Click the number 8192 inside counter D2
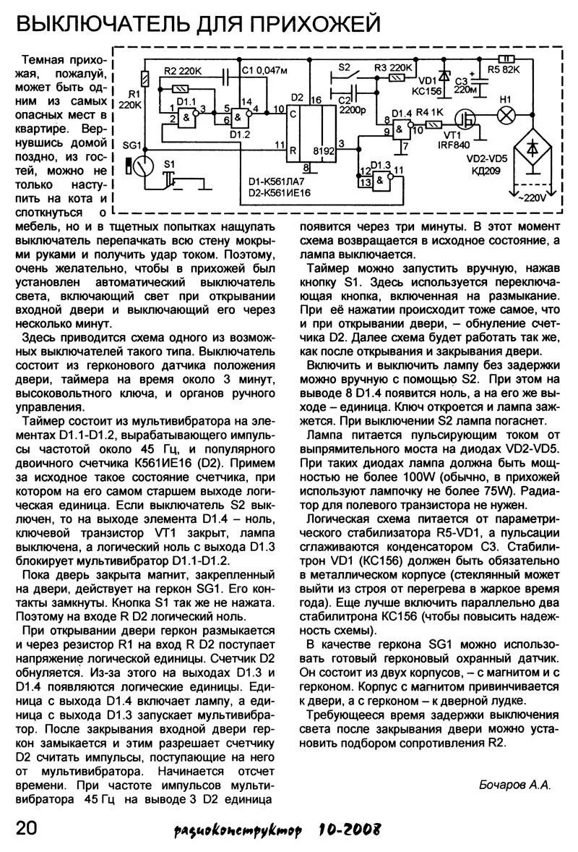point(322,151)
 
